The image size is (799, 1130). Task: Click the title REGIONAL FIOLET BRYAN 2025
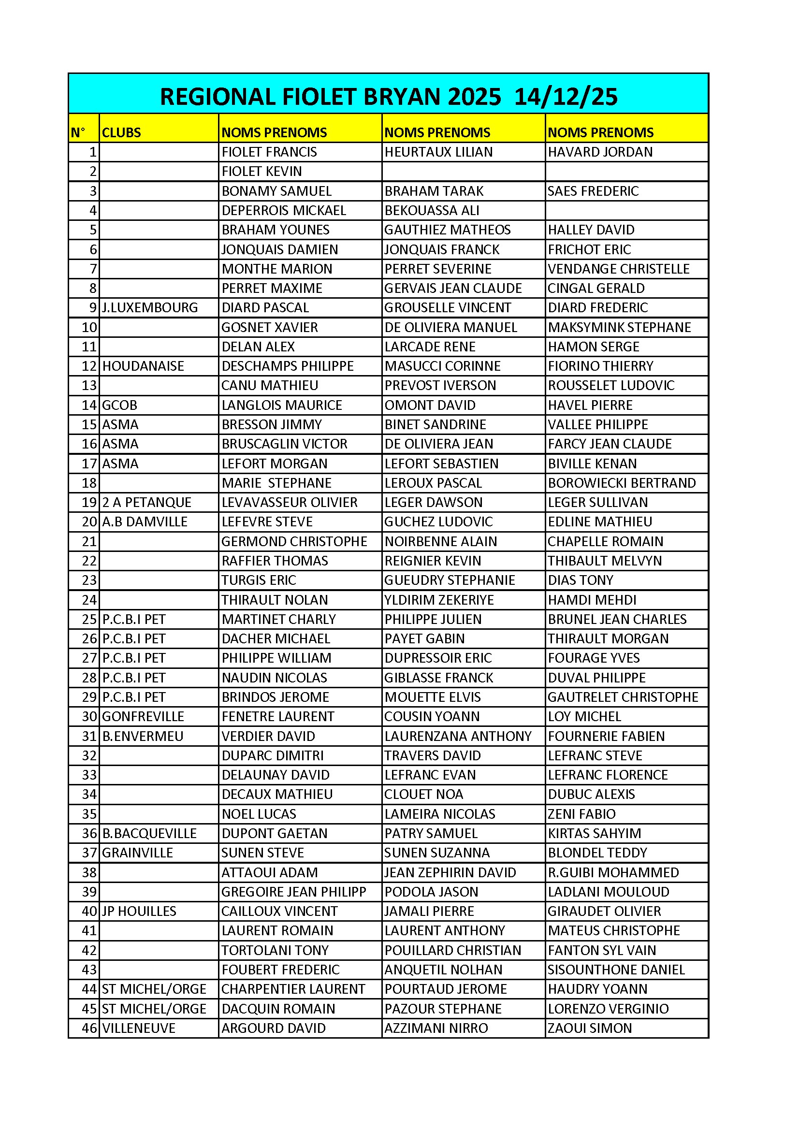pyautogui.click(x=389, y=97)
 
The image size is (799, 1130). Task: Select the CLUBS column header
pyautogui.click(x=121, y=132)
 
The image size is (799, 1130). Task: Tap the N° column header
pyautogui.click(x=78, y=132)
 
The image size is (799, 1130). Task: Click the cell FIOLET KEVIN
pyautogui.click(x=261, y=171)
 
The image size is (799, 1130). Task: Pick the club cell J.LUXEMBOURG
pyautogui.click(x=150, y=307)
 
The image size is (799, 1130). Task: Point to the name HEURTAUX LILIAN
pyautogui.click(x=438, y=152)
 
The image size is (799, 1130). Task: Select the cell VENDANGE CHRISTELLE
pyautogui.click(x=618, y=269)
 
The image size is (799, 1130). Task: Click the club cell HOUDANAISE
pyautogui.click(x=143, y=366)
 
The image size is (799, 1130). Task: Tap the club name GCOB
pyautogui.click(x=119, y=405)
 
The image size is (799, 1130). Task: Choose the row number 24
pyautogui.click(x=89, y=600)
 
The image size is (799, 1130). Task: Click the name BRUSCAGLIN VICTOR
pyautogui.click(x=284, y=444)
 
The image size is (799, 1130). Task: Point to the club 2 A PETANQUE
pyautogui.click(x=147, y=503)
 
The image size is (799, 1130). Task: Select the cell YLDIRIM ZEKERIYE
pyautogui.click(x=438, y=600)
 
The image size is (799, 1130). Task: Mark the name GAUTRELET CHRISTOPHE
pyautogui.click(x=623, y=697)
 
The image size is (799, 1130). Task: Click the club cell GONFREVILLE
pyautogui.click(x=143, y=717)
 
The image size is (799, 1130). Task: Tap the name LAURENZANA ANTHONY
pyautogui.click(x=458, y=736)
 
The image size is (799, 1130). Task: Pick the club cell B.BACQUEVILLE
pyautogui.click(x=149, y=834)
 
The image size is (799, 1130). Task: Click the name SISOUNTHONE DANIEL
pyautogui.click(x=616, y=970)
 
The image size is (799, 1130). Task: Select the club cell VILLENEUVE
pyautogui.click(x=138, y=1028)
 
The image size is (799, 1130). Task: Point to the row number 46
pyautogui.click(x=89, y=1028)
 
